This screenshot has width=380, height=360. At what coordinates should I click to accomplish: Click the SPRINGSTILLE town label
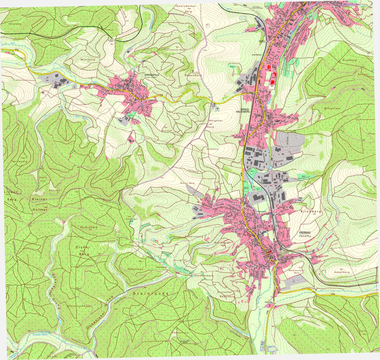(152, 75)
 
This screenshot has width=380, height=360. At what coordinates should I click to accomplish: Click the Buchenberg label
(89, 227)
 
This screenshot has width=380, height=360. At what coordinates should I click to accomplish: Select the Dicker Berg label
(83, 250)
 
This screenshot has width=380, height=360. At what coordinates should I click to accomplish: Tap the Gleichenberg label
(204, 276)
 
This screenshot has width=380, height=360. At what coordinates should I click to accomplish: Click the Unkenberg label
(342, 272)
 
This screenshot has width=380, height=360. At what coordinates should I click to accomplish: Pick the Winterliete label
(332, 108)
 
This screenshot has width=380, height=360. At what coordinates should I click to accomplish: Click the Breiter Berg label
(187, 183)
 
